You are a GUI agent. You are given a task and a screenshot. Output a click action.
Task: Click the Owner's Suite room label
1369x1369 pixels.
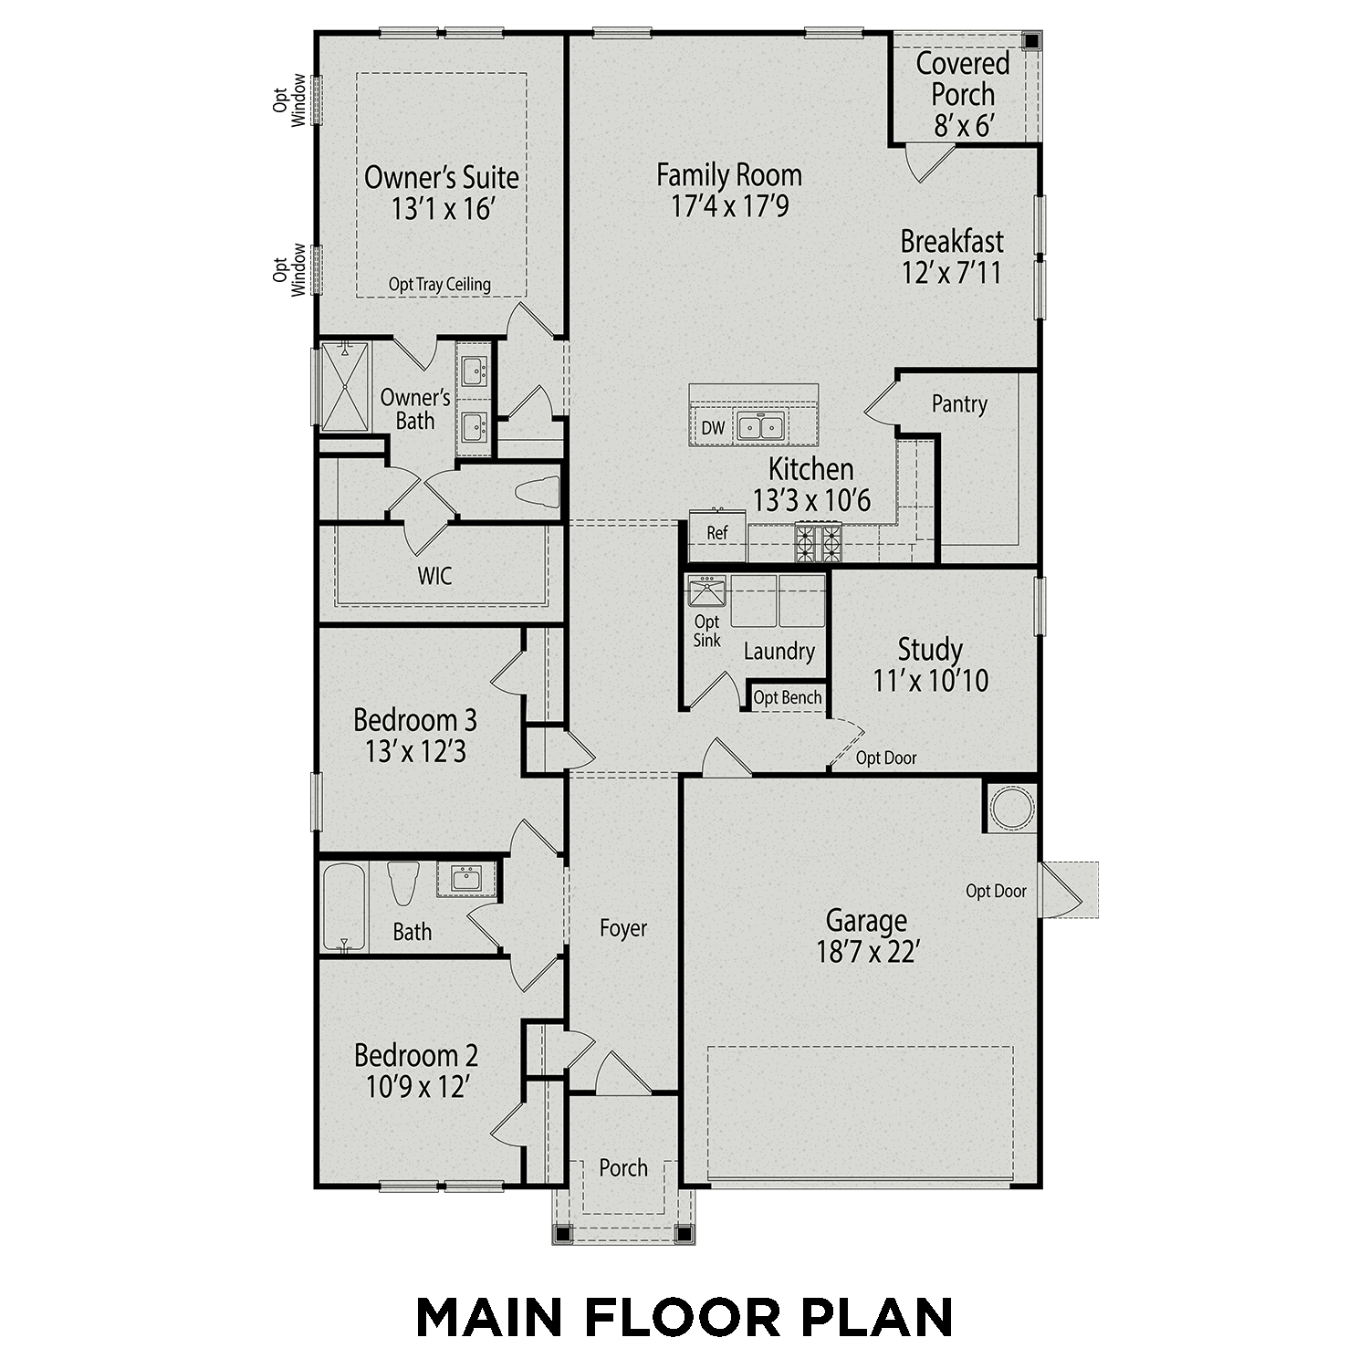441,177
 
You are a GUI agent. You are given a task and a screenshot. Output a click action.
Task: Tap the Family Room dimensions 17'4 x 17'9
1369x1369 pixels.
729,206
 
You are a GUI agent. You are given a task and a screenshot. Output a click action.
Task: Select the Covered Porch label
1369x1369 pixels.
963,78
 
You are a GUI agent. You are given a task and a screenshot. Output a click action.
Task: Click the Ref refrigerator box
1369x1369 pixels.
717,532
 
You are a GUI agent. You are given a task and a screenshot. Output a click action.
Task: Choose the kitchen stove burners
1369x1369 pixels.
819,543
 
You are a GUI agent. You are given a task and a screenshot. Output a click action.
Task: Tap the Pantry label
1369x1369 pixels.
959,403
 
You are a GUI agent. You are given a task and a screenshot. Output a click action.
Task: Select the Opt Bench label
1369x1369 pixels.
787,697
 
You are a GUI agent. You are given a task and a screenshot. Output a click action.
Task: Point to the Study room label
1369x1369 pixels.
930,650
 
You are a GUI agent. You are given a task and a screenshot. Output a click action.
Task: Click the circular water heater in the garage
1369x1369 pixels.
1012,808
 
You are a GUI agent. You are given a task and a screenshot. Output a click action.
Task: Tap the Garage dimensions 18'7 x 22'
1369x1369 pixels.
866,952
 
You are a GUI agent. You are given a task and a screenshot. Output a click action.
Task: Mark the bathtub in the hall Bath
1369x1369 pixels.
344,907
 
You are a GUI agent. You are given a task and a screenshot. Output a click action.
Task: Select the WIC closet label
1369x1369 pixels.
434,576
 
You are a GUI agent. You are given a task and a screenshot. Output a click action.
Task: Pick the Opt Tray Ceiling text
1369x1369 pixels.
439,284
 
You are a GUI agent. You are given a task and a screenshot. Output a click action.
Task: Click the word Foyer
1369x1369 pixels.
622,928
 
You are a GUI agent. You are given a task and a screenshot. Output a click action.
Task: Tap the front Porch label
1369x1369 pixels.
622,1167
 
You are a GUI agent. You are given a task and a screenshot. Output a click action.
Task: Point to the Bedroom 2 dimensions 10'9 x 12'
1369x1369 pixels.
416,1087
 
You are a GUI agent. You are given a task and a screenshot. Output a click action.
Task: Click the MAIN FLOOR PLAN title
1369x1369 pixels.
684,1317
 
